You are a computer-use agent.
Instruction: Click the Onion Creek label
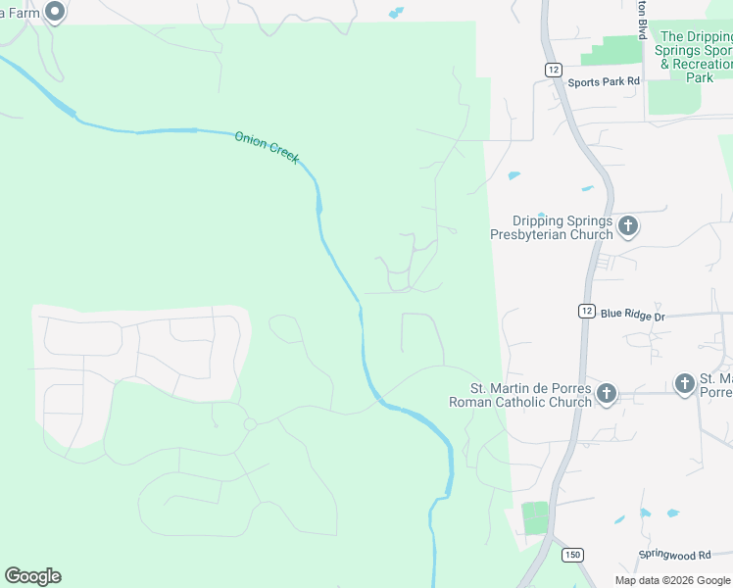point(267,147)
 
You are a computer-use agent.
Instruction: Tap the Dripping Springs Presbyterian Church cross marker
point(628,227)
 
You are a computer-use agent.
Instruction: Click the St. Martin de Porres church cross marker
point(607,394)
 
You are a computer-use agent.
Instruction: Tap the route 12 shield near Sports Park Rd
point(554,69)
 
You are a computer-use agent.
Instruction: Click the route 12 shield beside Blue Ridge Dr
point(585,310)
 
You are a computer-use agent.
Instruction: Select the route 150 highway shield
point(571,555)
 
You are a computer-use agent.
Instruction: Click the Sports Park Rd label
point(604,81)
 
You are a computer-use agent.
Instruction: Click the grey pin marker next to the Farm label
point(55,12)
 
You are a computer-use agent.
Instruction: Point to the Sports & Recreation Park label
point(696,57)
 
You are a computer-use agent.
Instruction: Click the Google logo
point(32,576)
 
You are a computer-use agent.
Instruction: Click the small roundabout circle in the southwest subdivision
point(250,423)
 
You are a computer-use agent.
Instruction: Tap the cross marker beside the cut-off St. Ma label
point(685,384)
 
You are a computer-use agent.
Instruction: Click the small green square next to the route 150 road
point(535,517)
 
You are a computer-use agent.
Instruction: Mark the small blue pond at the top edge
point(395,14)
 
